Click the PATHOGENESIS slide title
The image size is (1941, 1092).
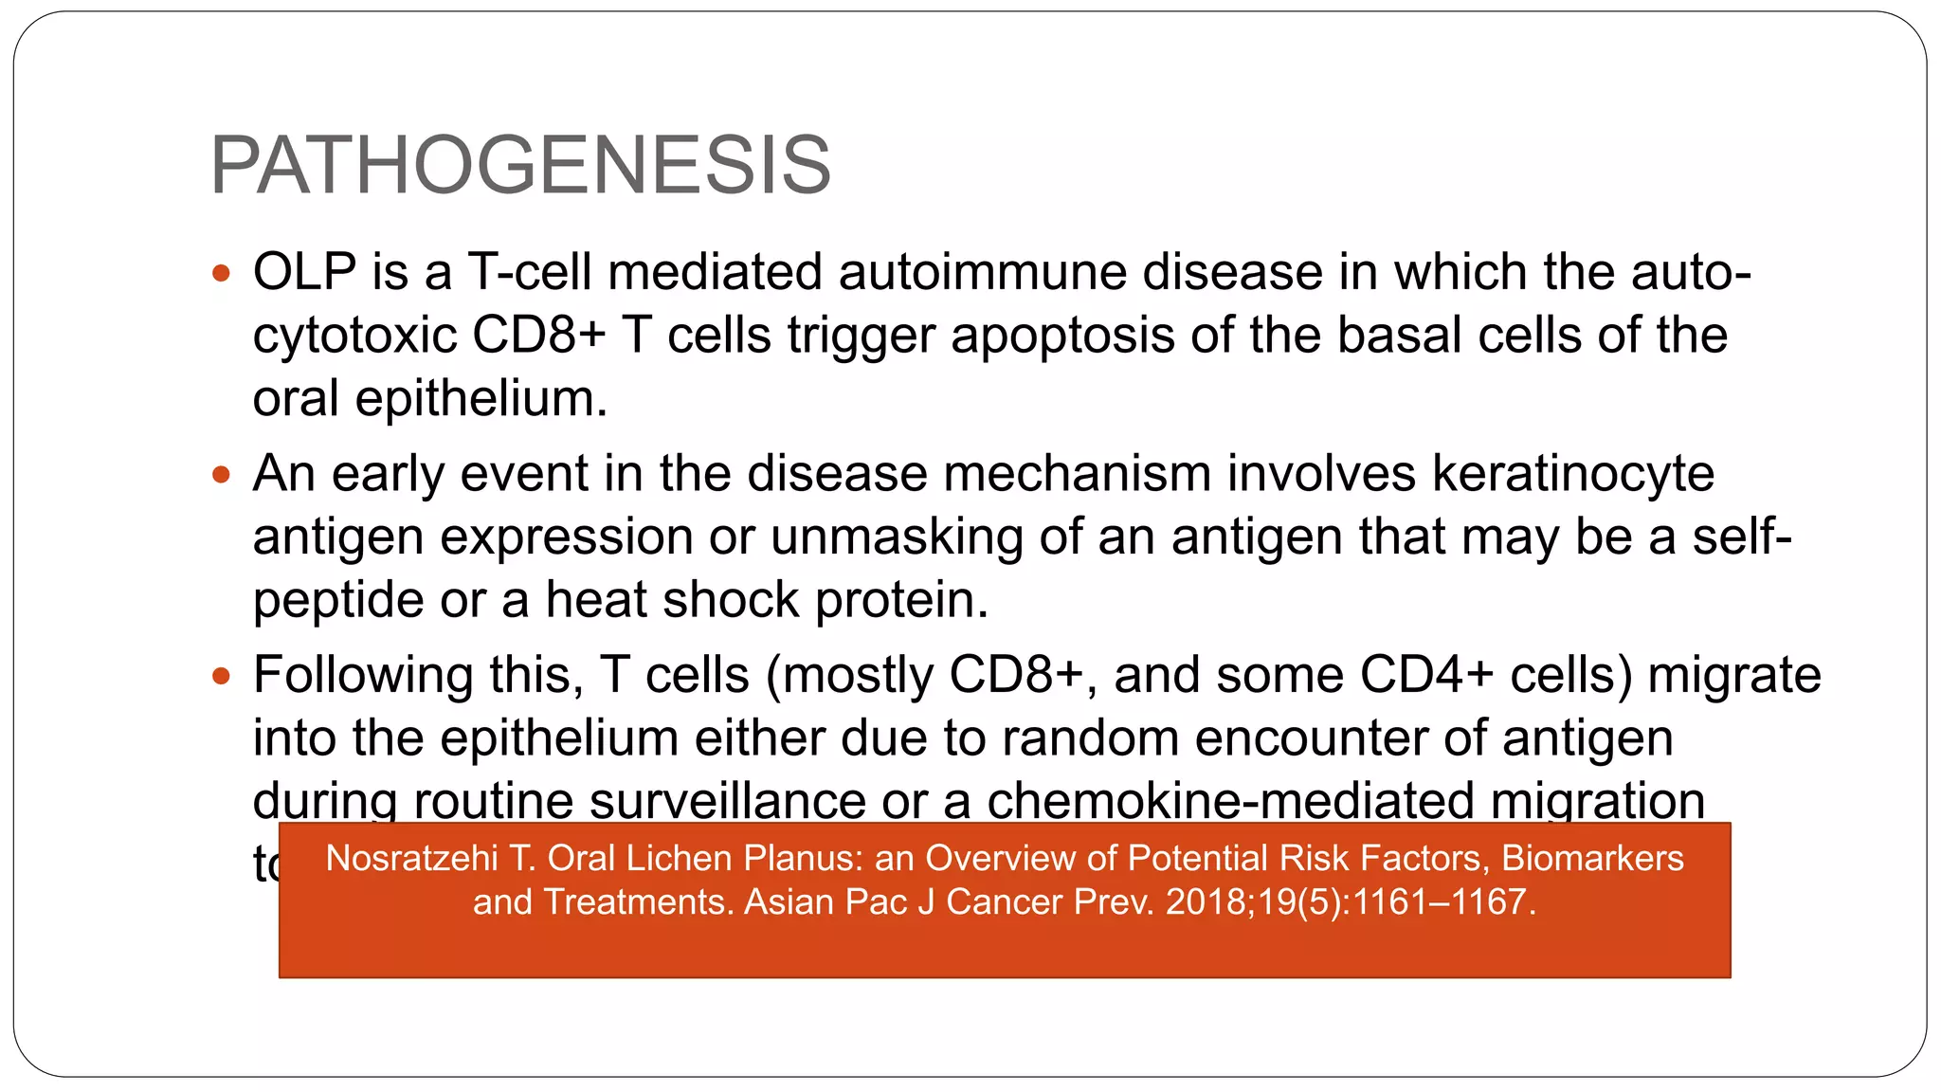coord(519,166)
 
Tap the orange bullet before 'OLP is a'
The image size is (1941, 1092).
coord(222,275)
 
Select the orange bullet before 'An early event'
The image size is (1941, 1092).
coord(222,475)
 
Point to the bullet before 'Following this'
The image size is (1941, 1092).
coord(222,677)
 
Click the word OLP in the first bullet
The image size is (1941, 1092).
coord(304,272)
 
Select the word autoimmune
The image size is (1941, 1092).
coord(985,272)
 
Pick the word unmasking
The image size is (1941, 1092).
coord(897,537)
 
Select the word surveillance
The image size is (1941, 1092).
coord(727,801)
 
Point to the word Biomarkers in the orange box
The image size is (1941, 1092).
coord(1592,858)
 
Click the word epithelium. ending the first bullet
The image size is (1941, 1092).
coord(481,399)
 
